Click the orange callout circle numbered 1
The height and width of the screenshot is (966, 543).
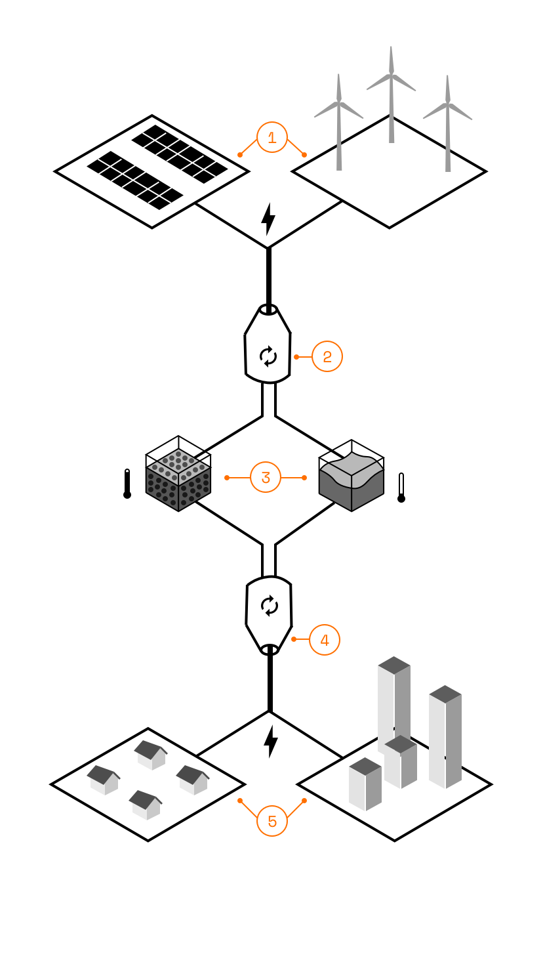pos(272,138)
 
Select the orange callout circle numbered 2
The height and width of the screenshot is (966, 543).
pos(327,356)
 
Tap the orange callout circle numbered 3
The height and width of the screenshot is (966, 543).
pos(266,477)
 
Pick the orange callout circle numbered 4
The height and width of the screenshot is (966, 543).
pos(325,640)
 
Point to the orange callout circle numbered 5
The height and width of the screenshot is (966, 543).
pos(272,821)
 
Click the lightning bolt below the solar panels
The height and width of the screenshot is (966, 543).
pos(268,219)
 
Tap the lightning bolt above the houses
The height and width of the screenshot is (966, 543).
pos(271,742)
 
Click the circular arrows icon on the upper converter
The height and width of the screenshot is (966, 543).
pos(268,356)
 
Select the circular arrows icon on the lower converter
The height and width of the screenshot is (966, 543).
pos(270,606)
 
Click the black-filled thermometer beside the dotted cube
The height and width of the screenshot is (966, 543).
pos(127,484)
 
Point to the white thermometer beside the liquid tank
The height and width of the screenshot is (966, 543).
pos(401,488)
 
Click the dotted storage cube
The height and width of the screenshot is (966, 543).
pos(178,474)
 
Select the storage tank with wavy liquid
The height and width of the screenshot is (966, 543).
pos(352,475)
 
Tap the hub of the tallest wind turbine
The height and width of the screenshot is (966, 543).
pos(392,75)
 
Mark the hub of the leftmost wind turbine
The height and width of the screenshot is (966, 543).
pos(339,102)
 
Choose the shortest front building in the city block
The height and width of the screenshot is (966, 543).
pos(365,784)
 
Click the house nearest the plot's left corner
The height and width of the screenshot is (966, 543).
pos(104,780)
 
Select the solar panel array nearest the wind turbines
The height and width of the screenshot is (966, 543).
pos(179,154)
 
